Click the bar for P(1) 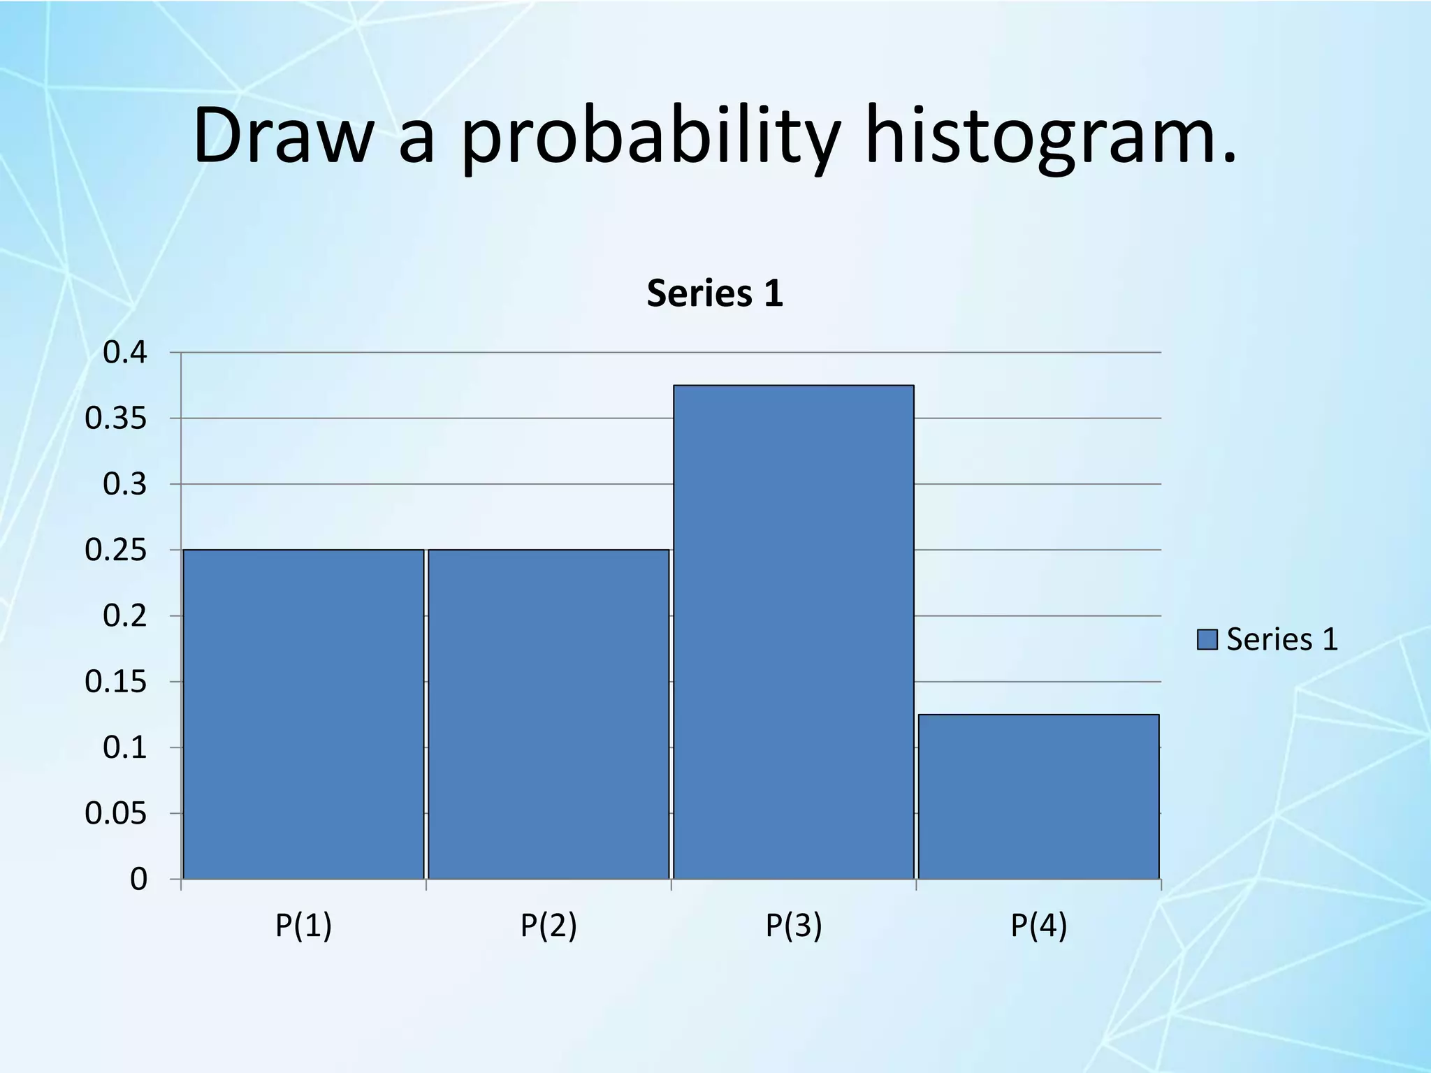(x=303, y=714)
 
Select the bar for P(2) (x=549, y=714)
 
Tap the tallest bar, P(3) (x=794, y=632)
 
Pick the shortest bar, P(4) (x=1039, y=796)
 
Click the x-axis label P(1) (x=303, y=926)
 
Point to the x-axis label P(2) (x=549, y=926)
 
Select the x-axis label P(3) (x=794, y=926)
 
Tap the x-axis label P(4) (x=1039, y=926)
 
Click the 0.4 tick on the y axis (x=125, y=353)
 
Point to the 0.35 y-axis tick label (x=116, y=418)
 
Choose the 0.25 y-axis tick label (x=116, y=550)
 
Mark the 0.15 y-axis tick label (x=116, y=682)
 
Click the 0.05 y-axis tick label (x=116, y=814)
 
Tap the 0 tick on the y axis (x=138, y=879)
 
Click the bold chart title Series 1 (x=715, y=293)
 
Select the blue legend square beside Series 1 (x=1207, y=639)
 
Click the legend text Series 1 (x=1282, y=639)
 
